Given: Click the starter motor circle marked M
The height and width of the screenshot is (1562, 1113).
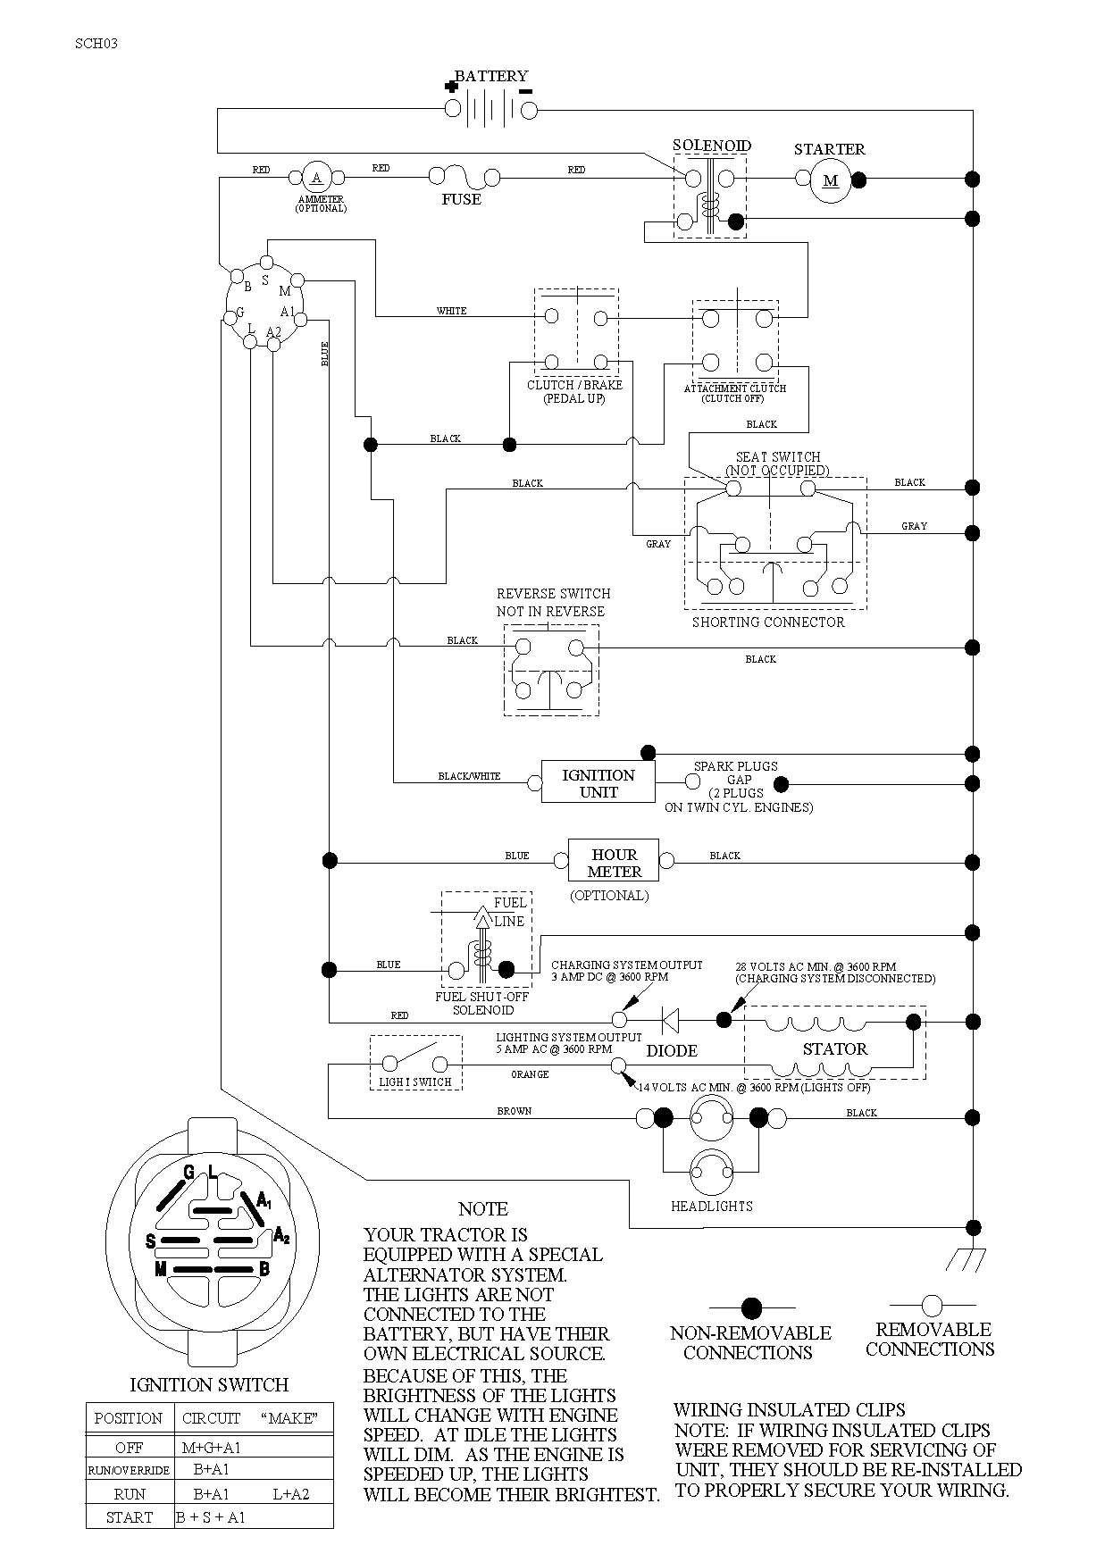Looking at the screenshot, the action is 831,180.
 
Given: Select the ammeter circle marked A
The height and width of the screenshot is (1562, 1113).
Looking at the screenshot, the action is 316,177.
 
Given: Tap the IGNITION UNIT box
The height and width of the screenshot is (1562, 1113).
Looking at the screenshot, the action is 598,782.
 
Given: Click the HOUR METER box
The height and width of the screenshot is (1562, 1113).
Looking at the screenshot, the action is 615,862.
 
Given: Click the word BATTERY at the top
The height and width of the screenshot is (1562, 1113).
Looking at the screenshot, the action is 491,77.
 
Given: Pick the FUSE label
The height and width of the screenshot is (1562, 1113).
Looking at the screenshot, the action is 461,199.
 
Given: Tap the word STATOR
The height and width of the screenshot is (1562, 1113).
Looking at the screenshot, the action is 834,1049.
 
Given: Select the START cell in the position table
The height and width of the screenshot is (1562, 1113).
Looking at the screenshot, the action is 130,1517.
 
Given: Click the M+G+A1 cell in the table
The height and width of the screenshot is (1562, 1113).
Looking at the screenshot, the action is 211,1448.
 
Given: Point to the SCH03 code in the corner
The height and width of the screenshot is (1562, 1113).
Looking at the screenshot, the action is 96,43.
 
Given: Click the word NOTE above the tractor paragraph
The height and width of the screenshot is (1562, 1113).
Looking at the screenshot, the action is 482,1209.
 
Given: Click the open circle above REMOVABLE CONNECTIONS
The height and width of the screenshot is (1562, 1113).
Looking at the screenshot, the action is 932,1306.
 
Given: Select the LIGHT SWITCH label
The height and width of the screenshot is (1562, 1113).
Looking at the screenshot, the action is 415,1082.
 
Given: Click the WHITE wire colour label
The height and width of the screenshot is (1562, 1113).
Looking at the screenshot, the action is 451,311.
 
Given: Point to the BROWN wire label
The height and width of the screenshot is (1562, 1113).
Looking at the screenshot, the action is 514,1111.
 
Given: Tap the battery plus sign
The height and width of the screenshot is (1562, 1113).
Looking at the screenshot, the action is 451,87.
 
